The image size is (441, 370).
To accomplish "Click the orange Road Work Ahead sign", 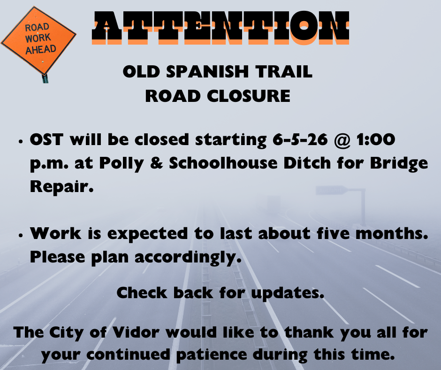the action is pos(38,40).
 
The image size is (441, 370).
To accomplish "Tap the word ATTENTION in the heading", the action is pos(220,28).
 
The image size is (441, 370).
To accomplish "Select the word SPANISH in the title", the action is pos(207,71).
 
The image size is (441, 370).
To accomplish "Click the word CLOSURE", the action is pos(249,96).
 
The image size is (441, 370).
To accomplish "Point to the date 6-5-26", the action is pos(300,139).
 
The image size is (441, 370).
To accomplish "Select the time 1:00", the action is pos(376,139).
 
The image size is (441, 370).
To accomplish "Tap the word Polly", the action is pos(122,163).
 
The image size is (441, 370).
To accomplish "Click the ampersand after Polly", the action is pos(156,163).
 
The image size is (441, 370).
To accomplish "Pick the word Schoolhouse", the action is pos(223,163).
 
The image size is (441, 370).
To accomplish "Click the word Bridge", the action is pos(399,163).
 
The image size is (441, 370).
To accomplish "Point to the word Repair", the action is pos(61,187).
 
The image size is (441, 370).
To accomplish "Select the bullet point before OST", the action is pos(20,142).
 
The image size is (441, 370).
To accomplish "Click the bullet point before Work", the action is pos(20,236).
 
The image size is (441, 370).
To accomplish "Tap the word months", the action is pos(392,233).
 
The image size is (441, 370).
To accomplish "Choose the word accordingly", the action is pos(188,258).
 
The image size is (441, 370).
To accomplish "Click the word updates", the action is pos(288,293).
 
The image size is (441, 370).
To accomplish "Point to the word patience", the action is pos(211,355).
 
